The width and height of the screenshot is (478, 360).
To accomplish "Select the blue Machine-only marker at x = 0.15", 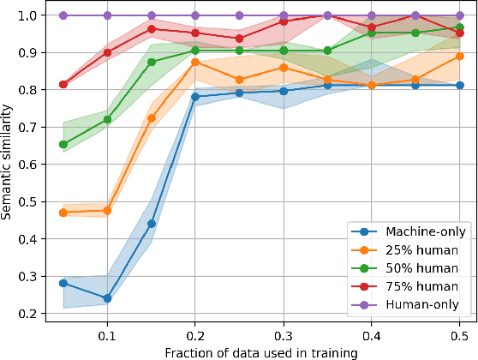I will point(152,224).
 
